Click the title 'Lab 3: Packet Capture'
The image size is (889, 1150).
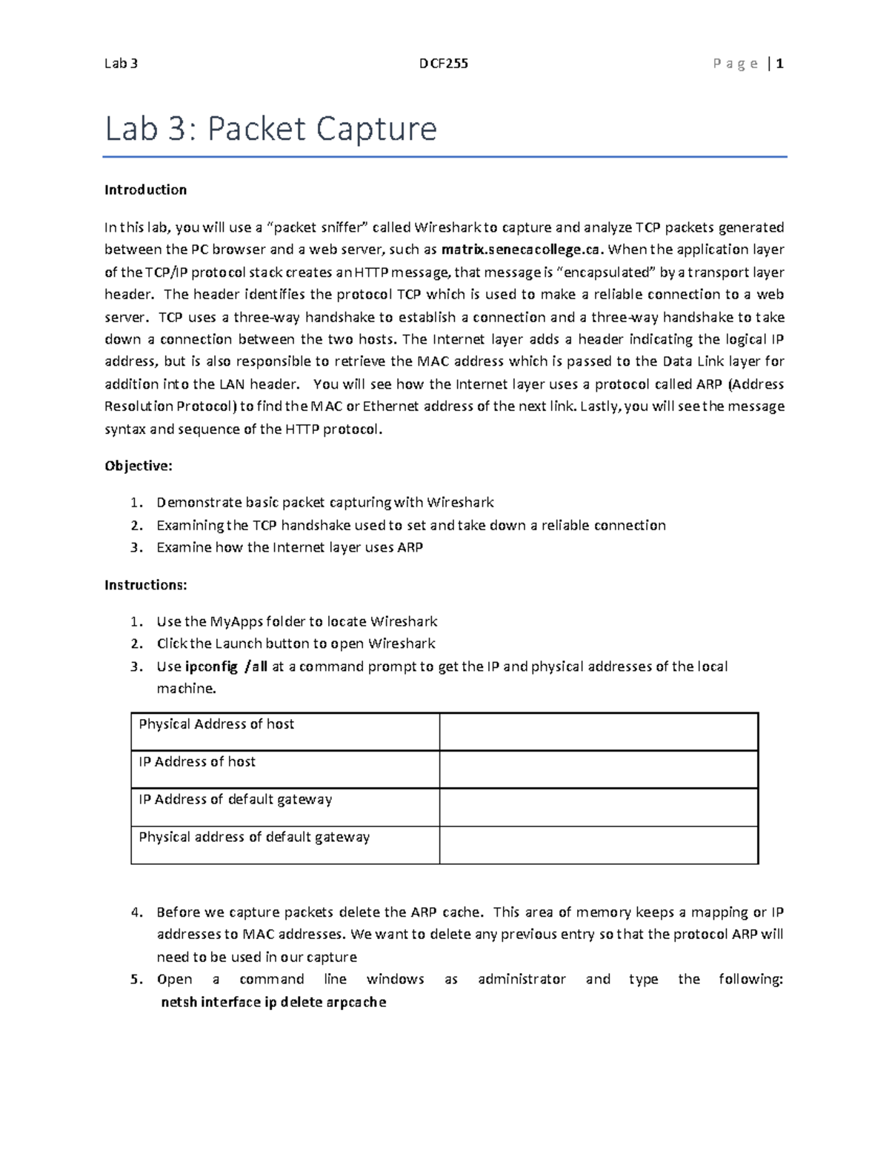pos(270,129)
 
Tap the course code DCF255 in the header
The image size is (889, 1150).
pos(444,64)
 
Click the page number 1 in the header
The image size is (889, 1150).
pos(779,64)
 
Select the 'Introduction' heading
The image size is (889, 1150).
pos(145,190)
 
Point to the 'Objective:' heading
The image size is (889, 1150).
pos(139,466)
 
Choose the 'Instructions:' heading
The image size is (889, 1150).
pos(146,585)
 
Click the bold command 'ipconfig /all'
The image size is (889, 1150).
pos(226,666)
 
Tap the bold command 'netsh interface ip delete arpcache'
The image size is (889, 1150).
pos(273,1003)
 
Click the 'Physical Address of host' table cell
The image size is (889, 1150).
pos(216,724)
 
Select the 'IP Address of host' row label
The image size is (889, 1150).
pos(197,762)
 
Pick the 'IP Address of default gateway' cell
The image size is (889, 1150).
pos(236,800)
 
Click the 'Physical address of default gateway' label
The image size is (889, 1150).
pos(254,838)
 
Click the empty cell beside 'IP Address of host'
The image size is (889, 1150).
pos(599,769)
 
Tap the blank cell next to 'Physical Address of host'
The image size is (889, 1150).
pos(599,732)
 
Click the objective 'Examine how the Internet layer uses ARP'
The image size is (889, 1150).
pos(290,548)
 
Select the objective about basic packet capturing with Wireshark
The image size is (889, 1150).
pos(324,503)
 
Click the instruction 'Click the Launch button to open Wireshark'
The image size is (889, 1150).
pos(296,643)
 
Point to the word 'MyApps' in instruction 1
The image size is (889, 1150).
pos(236,621)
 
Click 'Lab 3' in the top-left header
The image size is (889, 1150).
pos(121,64)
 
